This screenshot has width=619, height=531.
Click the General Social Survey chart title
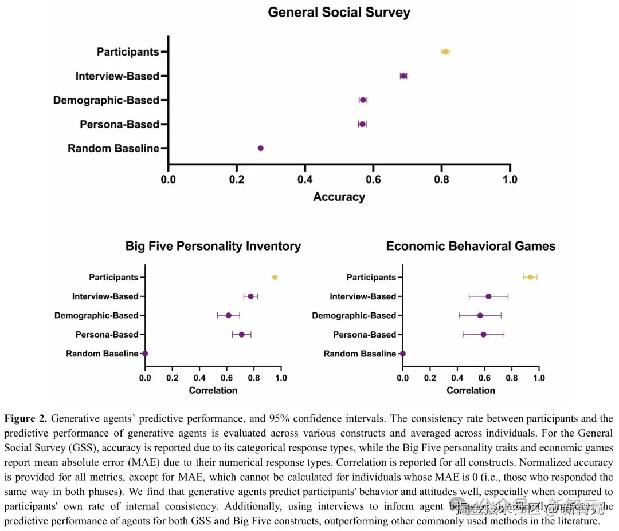339,13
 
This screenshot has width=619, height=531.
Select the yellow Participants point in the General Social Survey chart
445,52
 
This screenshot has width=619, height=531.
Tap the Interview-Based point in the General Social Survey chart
403,76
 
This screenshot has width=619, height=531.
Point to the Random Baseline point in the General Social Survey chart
260,148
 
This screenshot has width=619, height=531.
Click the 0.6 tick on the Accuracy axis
373,180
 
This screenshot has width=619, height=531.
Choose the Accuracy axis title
339,197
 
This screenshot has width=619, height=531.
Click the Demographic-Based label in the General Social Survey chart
106,100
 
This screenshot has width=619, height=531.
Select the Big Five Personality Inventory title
213,247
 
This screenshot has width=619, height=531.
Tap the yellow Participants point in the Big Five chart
275,278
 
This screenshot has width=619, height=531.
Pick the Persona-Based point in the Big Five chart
241,335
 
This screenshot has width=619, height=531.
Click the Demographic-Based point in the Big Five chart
228,315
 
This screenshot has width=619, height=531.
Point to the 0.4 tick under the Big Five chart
199,378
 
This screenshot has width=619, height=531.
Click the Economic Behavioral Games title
471,247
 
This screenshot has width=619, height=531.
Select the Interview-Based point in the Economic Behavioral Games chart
488,296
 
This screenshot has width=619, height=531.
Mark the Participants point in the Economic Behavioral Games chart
530,278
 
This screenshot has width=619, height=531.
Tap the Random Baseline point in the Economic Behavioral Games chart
403,354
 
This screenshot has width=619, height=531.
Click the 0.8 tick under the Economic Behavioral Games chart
511,378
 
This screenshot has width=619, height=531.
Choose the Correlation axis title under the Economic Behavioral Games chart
471,390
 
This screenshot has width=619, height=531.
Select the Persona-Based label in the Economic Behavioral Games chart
365,335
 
